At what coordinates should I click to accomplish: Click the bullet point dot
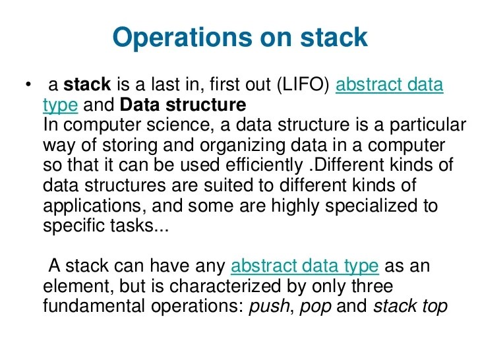pyautogui.click(x=28, y=86)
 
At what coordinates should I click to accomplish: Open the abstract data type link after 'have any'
pyautogui.click(x=305, y=267)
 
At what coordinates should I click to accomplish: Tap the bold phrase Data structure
pyautogui.click(x=184, y=105)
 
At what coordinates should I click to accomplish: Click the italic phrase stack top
pyautogui.click(x=410, y=307)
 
